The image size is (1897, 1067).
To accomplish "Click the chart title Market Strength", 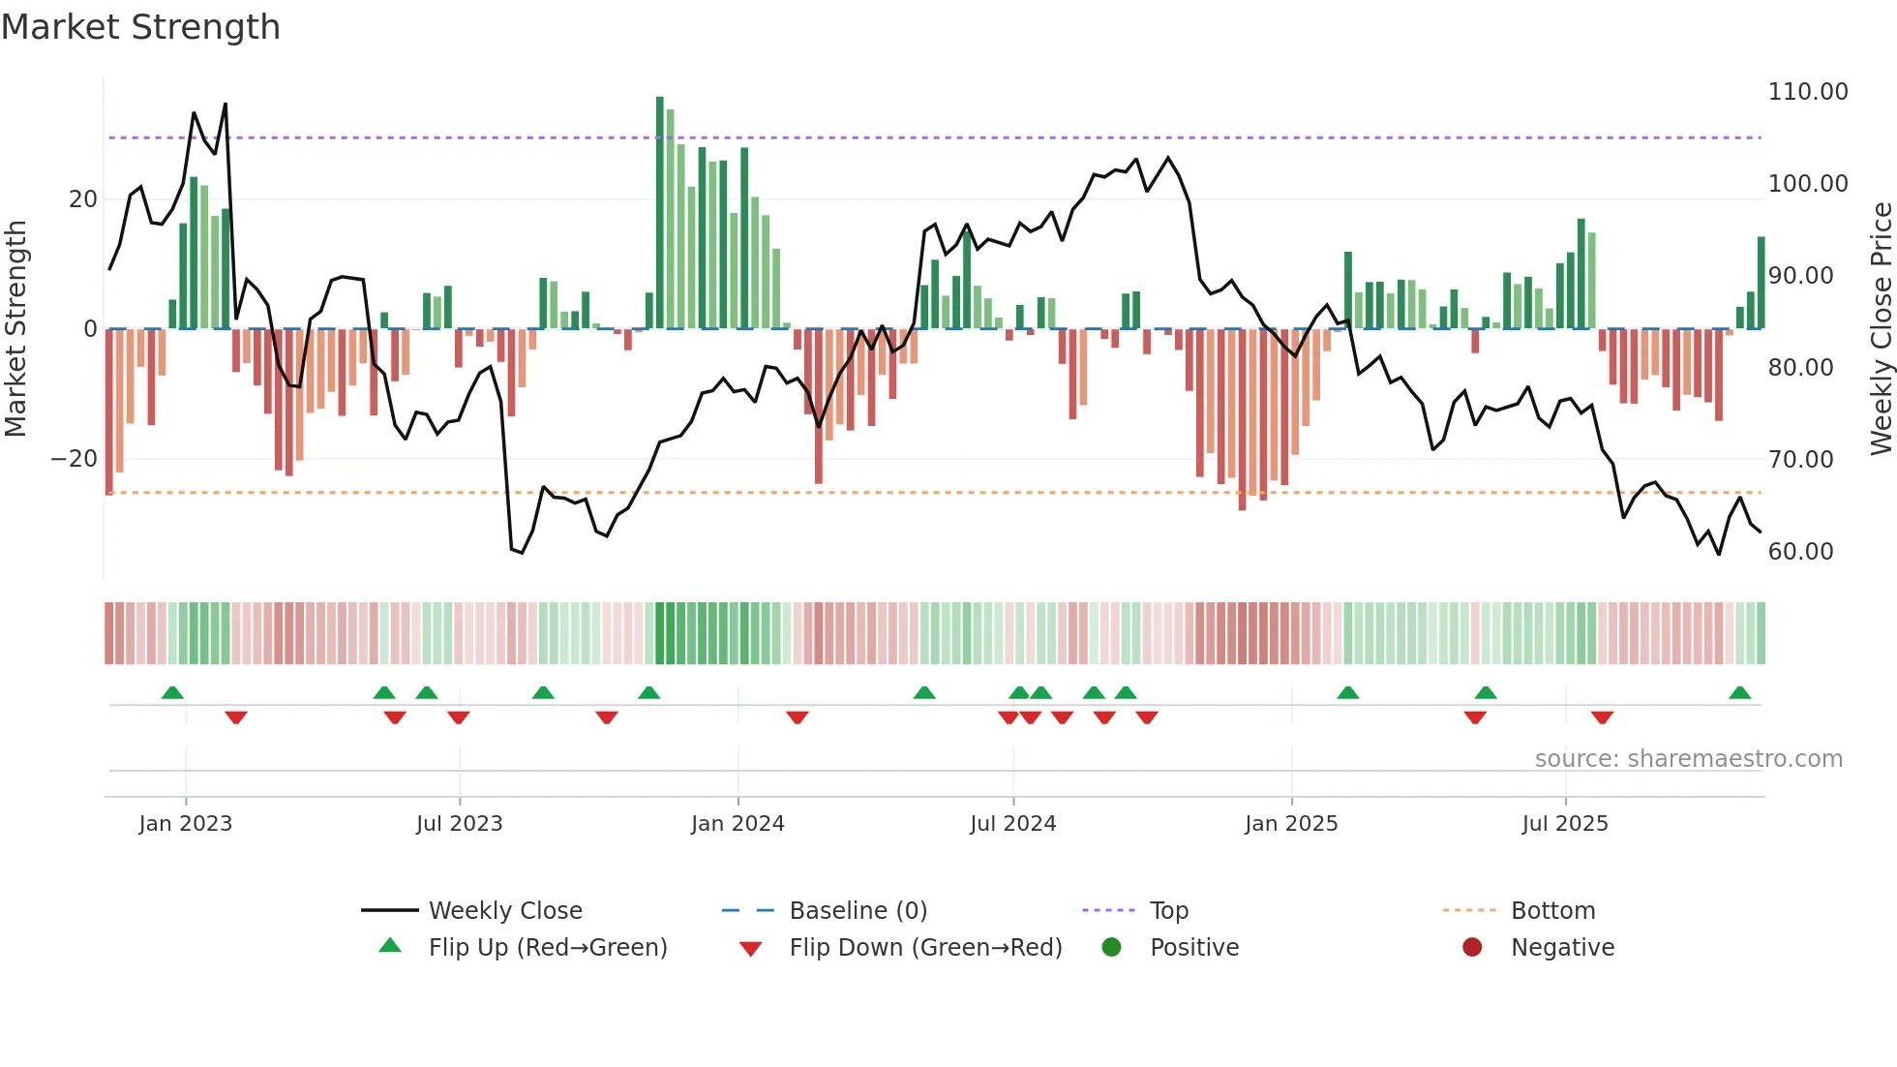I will click(140, 27).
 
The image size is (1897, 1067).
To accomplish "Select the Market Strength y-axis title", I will click(16, 329).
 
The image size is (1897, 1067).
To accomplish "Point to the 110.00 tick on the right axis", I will click(1807, 92).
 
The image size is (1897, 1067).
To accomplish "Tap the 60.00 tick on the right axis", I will click(1800, 552).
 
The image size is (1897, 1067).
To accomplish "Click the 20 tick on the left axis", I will click(83, 199).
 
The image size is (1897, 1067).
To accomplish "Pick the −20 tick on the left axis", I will click(75, 459).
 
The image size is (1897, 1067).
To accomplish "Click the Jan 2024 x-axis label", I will click(738, 824).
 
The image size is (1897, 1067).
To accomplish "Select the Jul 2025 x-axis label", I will click(1565, 824).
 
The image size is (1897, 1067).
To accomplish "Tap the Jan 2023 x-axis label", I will click(186, 824).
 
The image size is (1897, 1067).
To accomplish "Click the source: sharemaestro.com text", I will click(1688, 759).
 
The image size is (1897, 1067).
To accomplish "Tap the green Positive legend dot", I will click(1111, 948).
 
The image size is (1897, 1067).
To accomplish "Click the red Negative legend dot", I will click(1472, 948).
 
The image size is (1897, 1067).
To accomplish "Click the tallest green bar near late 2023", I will click(660, 213).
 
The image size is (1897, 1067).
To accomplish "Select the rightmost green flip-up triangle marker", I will click(1739, 693).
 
